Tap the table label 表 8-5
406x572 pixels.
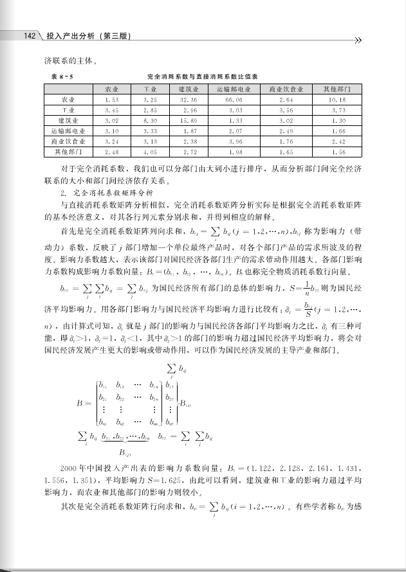(x=62, y=76)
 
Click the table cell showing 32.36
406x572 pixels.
(x=189, y=100)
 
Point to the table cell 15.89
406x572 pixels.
(x=189, y=121)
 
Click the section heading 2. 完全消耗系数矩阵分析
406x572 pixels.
(x=107, y=192)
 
